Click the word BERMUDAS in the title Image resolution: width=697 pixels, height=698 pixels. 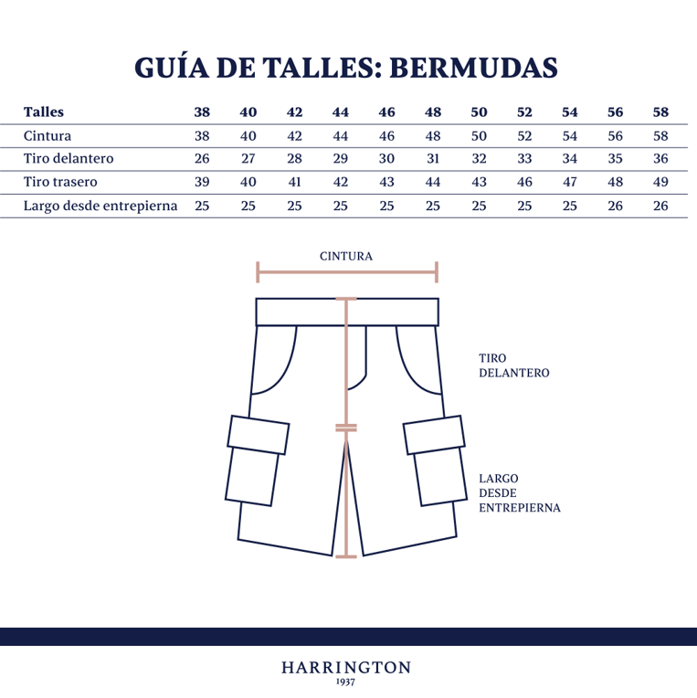(473, 69)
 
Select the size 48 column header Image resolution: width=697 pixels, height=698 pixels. (433, 112)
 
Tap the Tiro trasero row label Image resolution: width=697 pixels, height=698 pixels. (60, 182)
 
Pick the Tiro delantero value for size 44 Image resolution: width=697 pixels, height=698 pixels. (341, 158)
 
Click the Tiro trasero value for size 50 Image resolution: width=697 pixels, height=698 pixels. (479, 182)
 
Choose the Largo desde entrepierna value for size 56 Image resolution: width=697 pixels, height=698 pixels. (615, 206)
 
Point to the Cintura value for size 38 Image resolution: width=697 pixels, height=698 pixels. (202, 136)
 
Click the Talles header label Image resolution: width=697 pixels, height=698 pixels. (44, 112)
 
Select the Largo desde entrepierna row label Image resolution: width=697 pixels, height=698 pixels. (100, 206)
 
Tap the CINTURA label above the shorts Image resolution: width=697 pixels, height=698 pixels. (346, 257)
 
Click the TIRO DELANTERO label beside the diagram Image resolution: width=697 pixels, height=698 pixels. (514, 365)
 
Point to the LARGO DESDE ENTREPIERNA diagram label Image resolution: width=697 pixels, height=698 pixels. (520, 492)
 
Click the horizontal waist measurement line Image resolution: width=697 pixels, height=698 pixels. (347, 272)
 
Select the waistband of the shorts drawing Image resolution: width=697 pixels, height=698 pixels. (347, 312)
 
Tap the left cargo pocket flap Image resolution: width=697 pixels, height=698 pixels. (259, 435)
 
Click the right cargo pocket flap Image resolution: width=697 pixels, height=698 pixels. (434, 435)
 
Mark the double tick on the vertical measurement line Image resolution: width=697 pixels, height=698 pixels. (346, 428)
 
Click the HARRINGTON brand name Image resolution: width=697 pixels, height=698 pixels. (346, 668)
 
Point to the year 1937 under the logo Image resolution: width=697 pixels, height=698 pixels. (346, 682)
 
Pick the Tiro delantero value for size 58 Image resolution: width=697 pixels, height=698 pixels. (660, 158)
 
